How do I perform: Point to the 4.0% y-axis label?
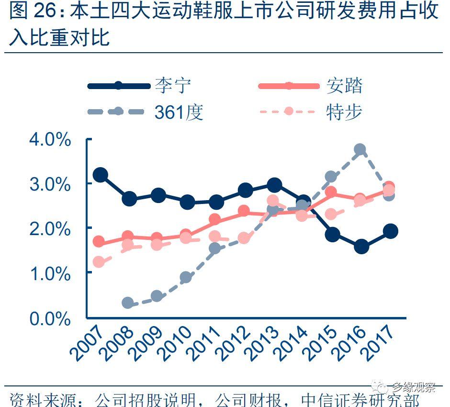(x=50, y=140)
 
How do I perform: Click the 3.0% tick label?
(x=50, y=184)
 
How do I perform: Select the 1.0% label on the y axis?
(x=50, y=274)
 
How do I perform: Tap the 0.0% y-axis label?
(x=50, y=318)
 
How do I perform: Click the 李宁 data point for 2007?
(x=100, y=175)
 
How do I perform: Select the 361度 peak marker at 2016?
(x=360, y=150)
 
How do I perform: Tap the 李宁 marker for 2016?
(x=361, y=247)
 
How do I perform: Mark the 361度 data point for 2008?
(x=128, y=303)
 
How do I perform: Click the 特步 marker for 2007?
(x=99, y=262)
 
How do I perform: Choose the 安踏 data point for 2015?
(x=331, y=192)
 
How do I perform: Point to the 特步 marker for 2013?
(x=273, y=201)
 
